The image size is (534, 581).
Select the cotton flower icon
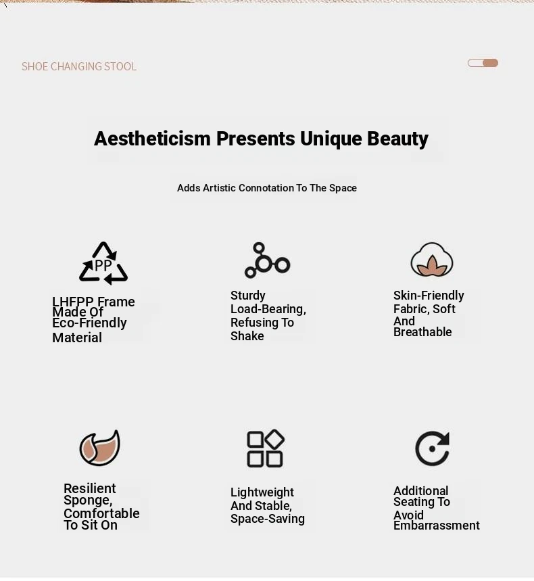[x=432, y=260]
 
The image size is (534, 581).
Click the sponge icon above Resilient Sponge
[x=100, y=447]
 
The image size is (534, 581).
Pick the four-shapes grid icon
[x=265, y=448]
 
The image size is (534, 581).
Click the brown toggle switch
[x=483, y=63]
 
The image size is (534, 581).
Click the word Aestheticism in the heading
[x=152, y=139]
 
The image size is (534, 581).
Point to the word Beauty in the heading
[x=397, y=139]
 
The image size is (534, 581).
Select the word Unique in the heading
[x=331, y=139]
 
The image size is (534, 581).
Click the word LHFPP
[x=72, y=301]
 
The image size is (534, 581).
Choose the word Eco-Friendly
[x=89, y=323]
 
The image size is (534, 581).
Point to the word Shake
[x=247, y=335]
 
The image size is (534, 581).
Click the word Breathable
[x=422, y=332]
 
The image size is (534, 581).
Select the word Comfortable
[x=101, y=513]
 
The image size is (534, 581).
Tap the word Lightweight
[x=262, y=492]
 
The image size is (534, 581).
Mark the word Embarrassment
[x=437, y=526]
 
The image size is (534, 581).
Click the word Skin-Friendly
[x=429, y=296]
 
